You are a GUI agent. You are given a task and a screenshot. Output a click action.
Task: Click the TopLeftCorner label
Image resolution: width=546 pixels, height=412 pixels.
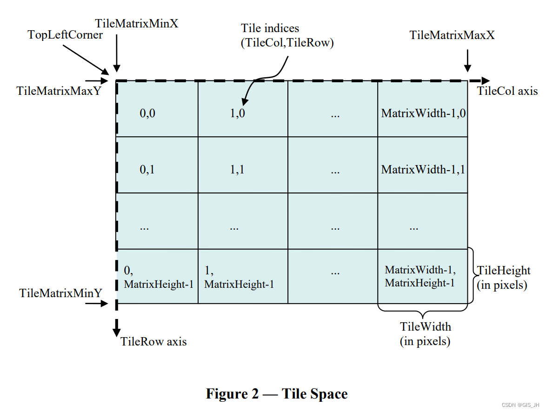[65, 35]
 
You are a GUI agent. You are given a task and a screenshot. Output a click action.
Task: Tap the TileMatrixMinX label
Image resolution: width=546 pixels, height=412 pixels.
[136, 23]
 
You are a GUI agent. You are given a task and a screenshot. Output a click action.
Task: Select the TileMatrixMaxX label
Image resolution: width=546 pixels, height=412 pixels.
[452, 35]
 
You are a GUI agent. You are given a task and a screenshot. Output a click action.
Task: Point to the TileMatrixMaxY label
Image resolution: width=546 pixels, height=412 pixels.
[59, 91]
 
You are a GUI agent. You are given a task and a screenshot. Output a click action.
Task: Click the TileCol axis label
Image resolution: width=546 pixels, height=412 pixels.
[507, 91]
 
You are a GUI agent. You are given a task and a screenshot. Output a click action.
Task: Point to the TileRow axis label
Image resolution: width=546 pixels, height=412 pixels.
[153, 342]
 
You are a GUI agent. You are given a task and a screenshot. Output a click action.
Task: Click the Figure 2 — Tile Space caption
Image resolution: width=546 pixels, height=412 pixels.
[277, 394]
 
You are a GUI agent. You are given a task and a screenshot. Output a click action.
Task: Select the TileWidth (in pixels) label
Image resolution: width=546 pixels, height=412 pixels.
[425, 334]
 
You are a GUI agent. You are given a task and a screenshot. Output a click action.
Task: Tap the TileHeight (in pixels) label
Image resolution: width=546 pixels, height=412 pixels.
[504, 278]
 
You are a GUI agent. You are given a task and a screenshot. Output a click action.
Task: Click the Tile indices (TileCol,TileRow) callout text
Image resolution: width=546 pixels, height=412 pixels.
[287, 36]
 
